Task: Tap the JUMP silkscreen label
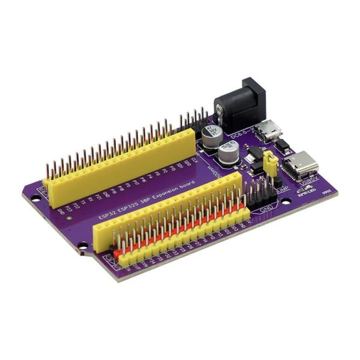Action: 283,191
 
